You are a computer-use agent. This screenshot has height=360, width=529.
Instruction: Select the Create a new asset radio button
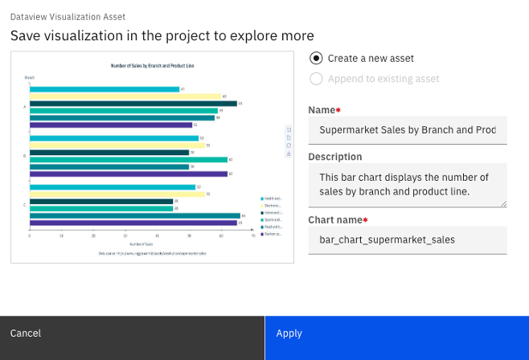[x=317, y=58]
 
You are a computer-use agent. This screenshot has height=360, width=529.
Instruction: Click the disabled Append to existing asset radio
[x=317, y=79]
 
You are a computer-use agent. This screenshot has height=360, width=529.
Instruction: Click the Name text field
[x=407, y=129]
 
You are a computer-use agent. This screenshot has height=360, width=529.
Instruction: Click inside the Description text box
[x=407, y=184]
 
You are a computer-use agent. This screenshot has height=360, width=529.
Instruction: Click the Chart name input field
[x=407, y=239]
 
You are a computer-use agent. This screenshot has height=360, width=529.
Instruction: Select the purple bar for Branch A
[x=111, y=125]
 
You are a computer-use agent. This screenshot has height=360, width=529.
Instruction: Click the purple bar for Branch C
[x=133, y=223]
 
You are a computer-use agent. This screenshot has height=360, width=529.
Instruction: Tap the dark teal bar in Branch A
[x=133, y=104]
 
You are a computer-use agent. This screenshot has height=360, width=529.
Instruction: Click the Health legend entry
[x=271, y=198]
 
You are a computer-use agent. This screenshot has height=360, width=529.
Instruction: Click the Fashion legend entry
[x=271, y=234]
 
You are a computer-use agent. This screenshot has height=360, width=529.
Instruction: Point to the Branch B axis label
[x=24, y=155]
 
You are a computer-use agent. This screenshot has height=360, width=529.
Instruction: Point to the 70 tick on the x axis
[x=252, y=235]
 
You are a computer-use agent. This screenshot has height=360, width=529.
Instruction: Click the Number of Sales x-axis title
[x=141, y=243]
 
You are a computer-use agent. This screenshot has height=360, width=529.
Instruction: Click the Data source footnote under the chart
[x=153, y=252]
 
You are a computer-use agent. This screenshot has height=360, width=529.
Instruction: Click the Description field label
[x=335, y=157]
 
